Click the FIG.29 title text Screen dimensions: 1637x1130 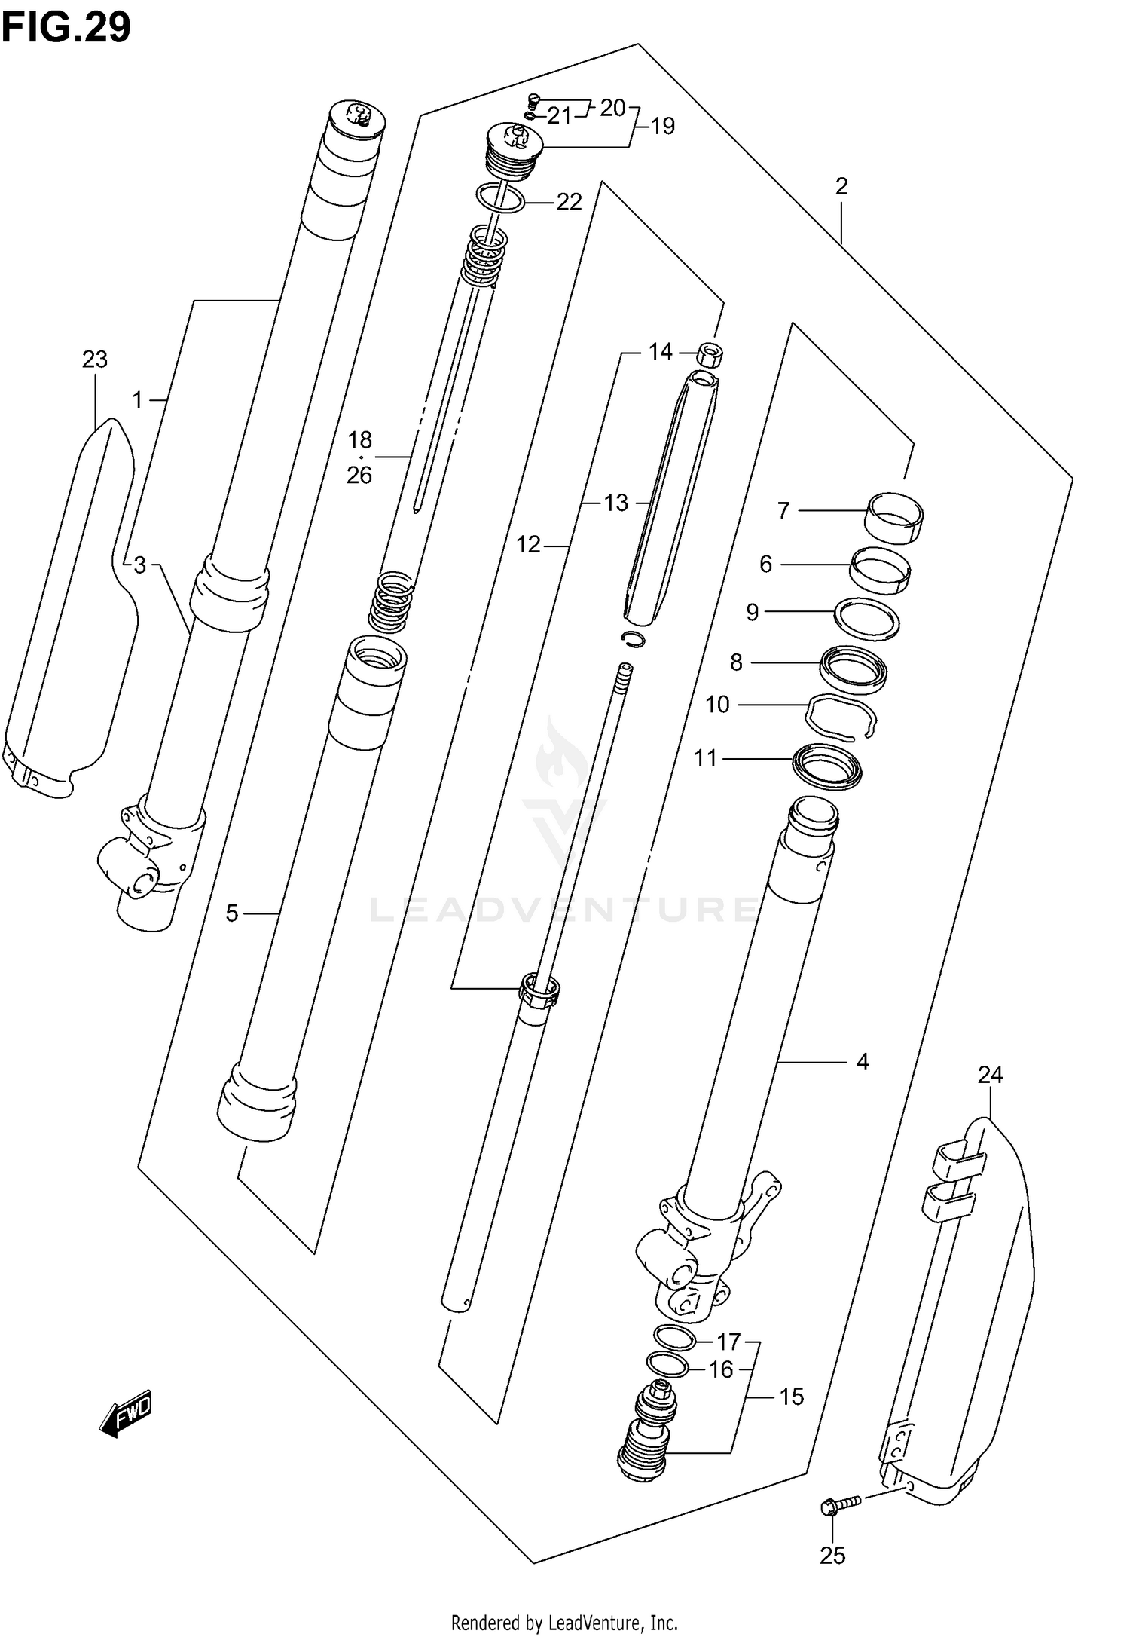(66, 28)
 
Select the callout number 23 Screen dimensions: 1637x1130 (95, 360)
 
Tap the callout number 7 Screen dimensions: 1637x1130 (783, 511)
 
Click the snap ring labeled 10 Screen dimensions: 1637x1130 (841, 717)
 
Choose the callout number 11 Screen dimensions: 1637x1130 (706, 757)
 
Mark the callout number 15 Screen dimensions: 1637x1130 (791, 1397)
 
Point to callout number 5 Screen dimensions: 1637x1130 (232, 913)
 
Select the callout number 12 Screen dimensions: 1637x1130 (528, 544)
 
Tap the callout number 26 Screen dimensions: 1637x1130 (359, 476)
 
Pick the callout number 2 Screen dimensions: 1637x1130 (841, 186)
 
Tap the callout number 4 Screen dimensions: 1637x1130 (863, 1062)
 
